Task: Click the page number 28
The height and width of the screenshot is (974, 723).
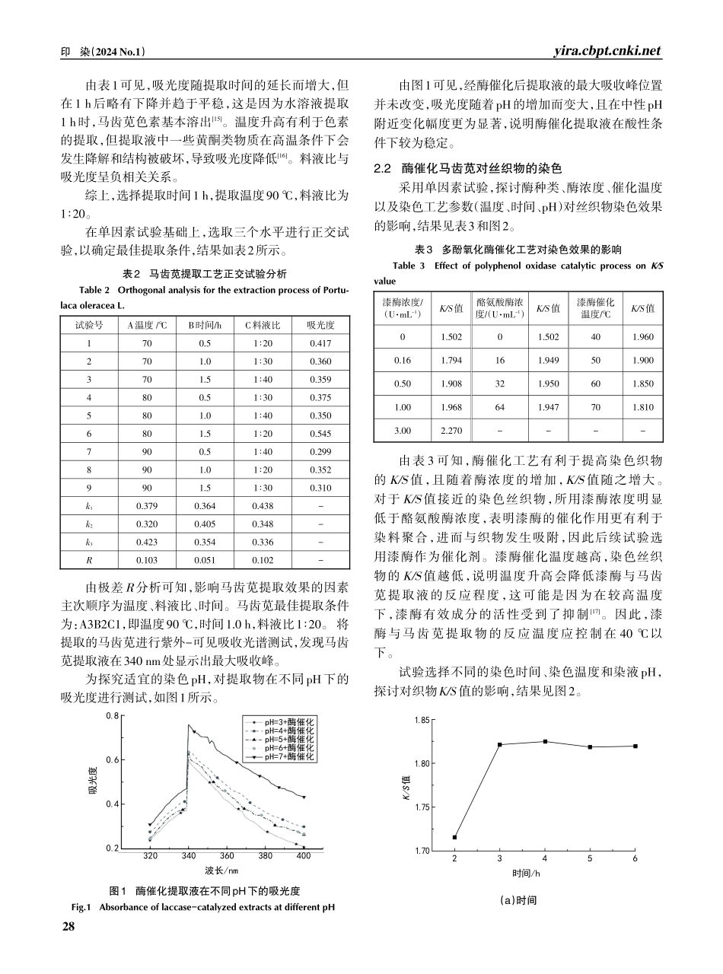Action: [x=68, y=925]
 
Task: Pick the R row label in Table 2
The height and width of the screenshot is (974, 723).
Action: [x=89, y=559]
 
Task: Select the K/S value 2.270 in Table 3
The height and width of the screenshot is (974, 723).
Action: [x=452, y=430]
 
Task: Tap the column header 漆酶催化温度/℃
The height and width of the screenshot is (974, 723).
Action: [x=595, y=308]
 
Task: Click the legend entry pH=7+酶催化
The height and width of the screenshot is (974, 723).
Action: [x=289, y=756]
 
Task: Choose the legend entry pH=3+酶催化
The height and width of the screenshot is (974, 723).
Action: [x=289, y=720]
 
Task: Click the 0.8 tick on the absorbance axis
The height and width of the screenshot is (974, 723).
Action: [x=111, y=716]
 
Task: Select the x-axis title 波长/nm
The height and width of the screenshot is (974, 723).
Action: [x=221, y=870]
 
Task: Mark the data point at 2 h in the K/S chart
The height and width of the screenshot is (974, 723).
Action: [x=454, y=837]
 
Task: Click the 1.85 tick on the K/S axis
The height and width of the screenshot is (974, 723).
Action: [x=419, y=719]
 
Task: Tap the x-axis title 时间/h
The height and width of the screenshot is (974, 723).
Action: [x=526, y=873]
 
